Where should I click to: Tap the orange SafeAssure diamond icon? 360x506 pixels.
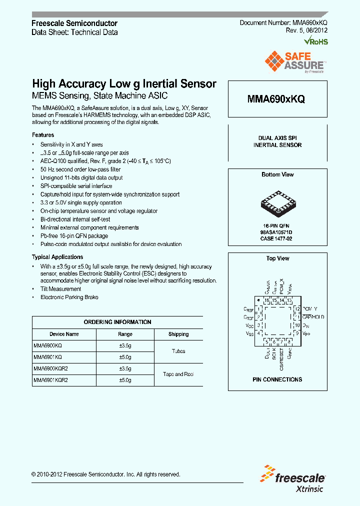(x=274, y=62)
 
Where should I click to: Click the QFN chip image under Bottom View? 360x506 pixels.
(x=276, y=203)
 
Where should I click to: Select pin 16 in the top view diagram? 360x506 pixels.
(x=267, y=300)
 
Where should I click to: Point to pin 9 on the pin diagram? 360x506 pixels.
(x=297, y=333)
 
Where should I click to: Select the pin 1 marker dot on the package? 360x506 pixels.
(x=258, y=300)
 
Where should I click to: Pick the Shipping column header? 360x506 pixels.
(x=178, y=334)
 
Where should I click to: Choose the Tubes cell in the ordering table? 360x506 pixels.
(x=178, y=351)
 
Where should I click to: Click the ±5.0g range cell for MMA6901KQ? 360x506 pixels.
(x=125, y=357)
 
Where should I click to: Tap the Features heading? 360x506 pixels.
(x=43, y=135)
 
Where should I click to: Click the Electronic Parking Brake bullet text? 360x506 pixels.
(x=69, y=297)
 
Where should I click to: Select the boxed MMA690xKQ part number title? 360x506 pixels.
(x=276, y=99)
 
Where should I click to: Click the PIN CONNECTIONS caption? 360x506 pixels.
(x=277, y=379)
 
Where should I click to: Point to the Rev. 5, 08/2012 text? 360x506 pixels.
(x=306, y=31)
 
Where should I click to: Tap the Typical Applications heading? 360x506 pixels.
(x=57, y=256)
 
